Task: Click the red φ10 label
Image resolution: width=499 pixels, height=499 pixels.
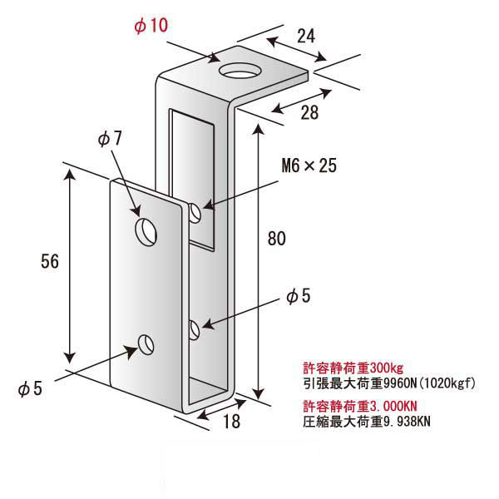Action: click(151, 25)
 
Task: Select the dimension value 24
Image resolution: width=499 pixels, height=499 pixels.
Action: click(306, 36)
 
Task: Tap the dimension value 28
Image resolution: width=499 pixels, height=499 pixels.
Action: click(309, 112)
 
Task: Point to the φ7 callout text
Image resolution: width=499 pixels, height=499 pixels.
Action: click(110, 138)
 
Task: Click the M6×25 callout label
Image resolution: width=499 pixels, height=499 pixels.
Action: click(309, 166)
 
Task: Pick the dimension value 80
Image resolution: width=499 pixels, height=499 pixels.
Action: click(277, 239)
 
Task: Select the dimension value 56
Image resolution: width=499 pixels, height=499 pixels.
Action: click(50, 262)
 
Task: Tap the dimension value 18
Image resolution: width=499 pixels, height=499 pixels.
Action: click(232, 422)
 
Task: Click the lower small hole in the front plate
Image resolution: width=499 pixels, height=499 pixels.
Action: click(146, 344)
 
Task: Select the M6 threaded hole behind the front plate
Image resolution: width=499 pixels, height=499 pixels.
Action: click(195, 213)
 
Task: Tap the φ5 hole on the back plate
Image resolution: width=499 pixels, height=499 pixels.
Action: click(195, 330)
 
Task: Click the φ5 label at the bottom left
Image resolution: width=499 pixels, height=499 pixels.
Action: click(30, 388)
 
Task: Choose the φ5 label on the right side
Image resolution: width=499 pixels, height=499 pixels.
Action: click(299, 296)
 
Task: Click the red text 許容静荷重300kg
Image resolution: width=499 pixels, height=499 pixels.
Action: click(353, 368)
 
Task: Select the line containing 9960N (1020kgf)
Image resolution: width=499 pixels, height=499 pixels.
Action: click(389, 383)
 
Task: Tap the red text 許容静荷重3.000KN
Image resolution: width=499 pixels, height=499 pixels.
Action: click(359, 406)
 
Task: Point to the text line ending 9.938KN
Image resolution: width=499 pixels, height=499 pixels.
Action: click(367, 422)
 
